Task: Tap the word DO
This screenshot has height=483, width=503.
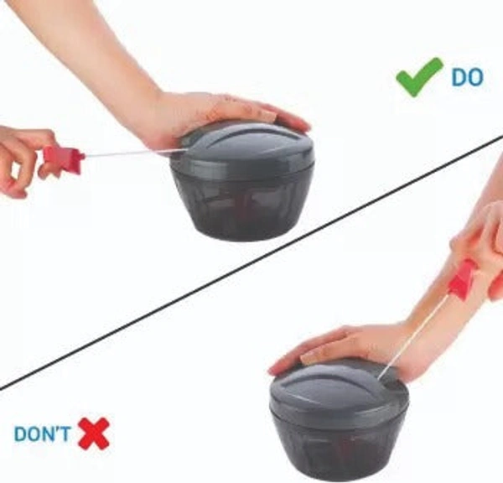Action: click(467, 77)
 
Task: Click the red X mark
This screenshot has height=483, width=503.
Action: click(94, 434)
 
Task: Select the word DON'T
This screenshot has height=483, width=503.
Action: click(42, 434)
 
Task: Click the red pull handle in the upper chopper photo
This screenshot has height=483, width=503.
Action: click(63, 159)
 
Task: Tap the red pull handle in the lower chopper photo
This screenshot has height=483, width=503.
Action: click(461, 280)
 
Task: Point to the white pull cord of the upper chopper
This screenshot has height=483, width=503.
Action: click(135, 153)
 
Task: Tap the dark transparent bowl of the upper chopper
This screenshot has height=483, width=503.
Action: click(245, 205)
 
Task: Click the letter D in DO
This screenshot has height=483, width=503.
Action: click(459, 77)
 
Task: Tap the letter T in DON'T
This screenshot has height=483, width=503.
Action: click(65, 434)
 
